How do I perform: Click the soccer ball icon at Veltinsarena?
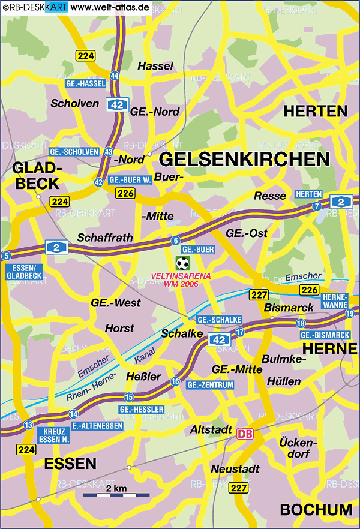(x=182, y=263)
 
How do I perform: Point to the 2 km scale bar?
(x=116, y=496)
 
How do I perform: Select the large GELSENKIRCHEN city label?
(x=245, y=159)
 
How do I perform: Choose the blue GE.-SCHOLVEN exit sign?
(x=74, y=152)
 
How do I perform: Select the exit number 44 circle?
(x=114, y=76)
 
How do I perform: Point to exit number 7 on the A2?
(x=316, y=206)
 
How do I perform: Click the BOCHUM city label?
(x=316, y=510)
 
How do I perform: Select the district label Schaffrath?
(x=105, y=238)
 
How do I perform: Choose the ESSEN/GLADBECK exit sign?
(x=25, y=271)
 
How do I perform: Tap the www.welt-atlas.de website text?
(x=110, y=7)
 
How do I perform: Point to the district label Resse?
(x=266, y=196)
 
